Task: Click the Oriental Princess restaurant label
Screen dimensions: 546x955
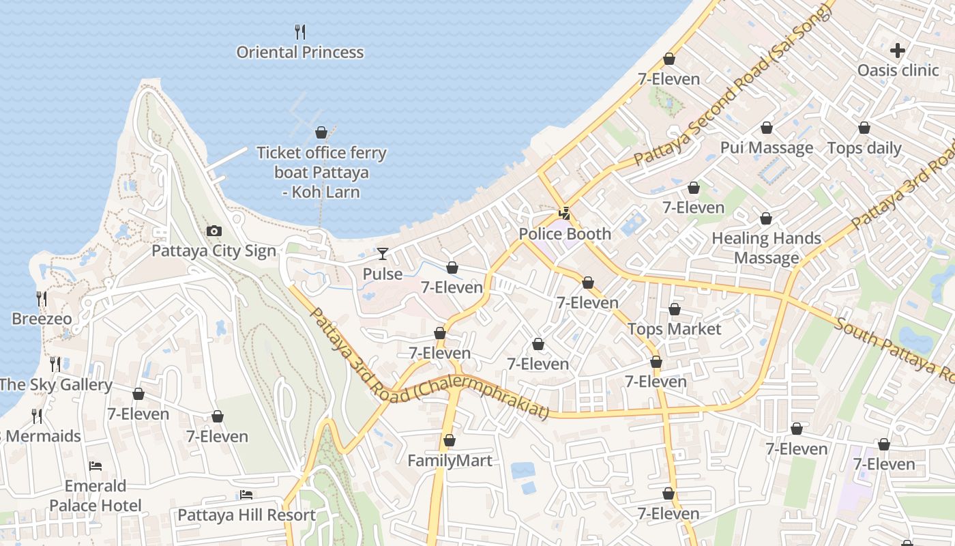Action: (299, 53)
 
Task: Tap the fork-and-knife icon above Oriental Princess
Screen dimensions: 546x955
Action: (299, 31)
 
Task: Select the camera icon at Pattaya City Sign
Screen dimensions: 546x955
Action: (214, 231)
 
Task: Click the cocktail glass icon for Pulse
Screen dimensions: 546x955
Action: (383, 254)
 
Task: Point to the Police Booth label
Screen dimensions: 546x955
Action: (565, 234)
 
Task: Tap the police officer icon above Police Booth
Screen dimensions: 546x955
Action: (564, 213)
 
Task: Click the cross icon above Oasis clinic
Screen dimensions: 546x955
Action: (898, 50)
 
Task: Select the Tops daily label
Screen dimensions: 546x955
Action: (864, 148)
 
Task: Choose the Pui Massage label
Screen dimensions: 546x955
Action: (767, 148)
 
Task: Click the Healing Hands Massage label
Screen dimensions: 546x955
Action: (766, 248)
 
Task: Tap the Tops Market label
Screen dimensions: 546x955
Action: (674, 329)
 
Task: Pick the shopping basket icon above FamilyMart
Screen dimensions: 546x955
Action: (449, 440)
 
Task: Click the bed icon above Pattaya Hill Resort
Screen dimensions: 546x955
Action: (246, 494)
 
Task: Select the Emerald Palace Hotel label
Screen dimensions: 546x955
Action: (95, 495)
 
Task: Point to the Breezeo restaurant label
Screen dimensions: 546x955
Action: (42, 319)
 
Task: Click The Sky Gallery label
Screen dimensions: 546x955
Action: (56, 384)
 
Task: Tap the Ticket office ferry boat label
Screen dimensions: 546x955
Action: (321, 173)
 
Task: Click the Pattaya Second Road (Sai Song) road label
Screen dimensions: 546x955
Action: (733, 85)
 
